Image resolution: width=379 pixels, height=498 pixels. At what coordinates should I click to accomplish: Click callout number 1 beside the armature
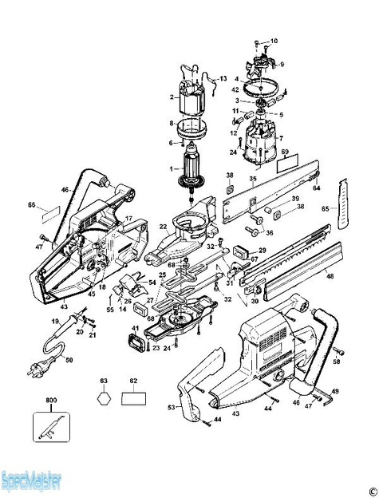pyautogui.click(x=170, y=169)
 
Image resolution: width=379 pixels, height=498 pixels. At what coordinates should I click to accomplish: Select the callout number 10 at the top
pyautogui.click(x=274, y=40)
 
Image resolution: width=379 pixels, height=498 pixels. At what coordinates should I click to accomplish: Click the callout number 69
pyautogui.click(x=284, y=150)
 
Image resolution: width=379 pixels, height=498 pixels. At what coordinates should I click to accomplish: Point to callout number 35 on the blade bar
pyautogui.click(x=252, y=180)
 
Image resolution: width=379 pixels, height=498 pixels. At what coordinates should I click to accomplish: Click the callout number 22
pyautogui.click(x=162, y=227)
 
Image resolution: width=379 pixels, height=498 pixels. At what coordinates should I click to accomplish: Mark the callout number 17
pyautogui.click(x=128, y=217)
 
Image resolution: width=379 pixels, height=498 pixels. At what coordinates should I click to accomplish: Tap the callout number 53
pyautogui.click(x=170, y=408)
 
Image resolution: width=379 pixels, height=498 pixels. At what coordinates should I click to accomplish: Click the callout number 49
pyautogui.click(x=335, y=391)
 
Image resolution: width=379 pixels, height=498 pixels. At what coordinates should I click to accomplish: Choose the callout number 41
pyautogui.click(x=135, y=329)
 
